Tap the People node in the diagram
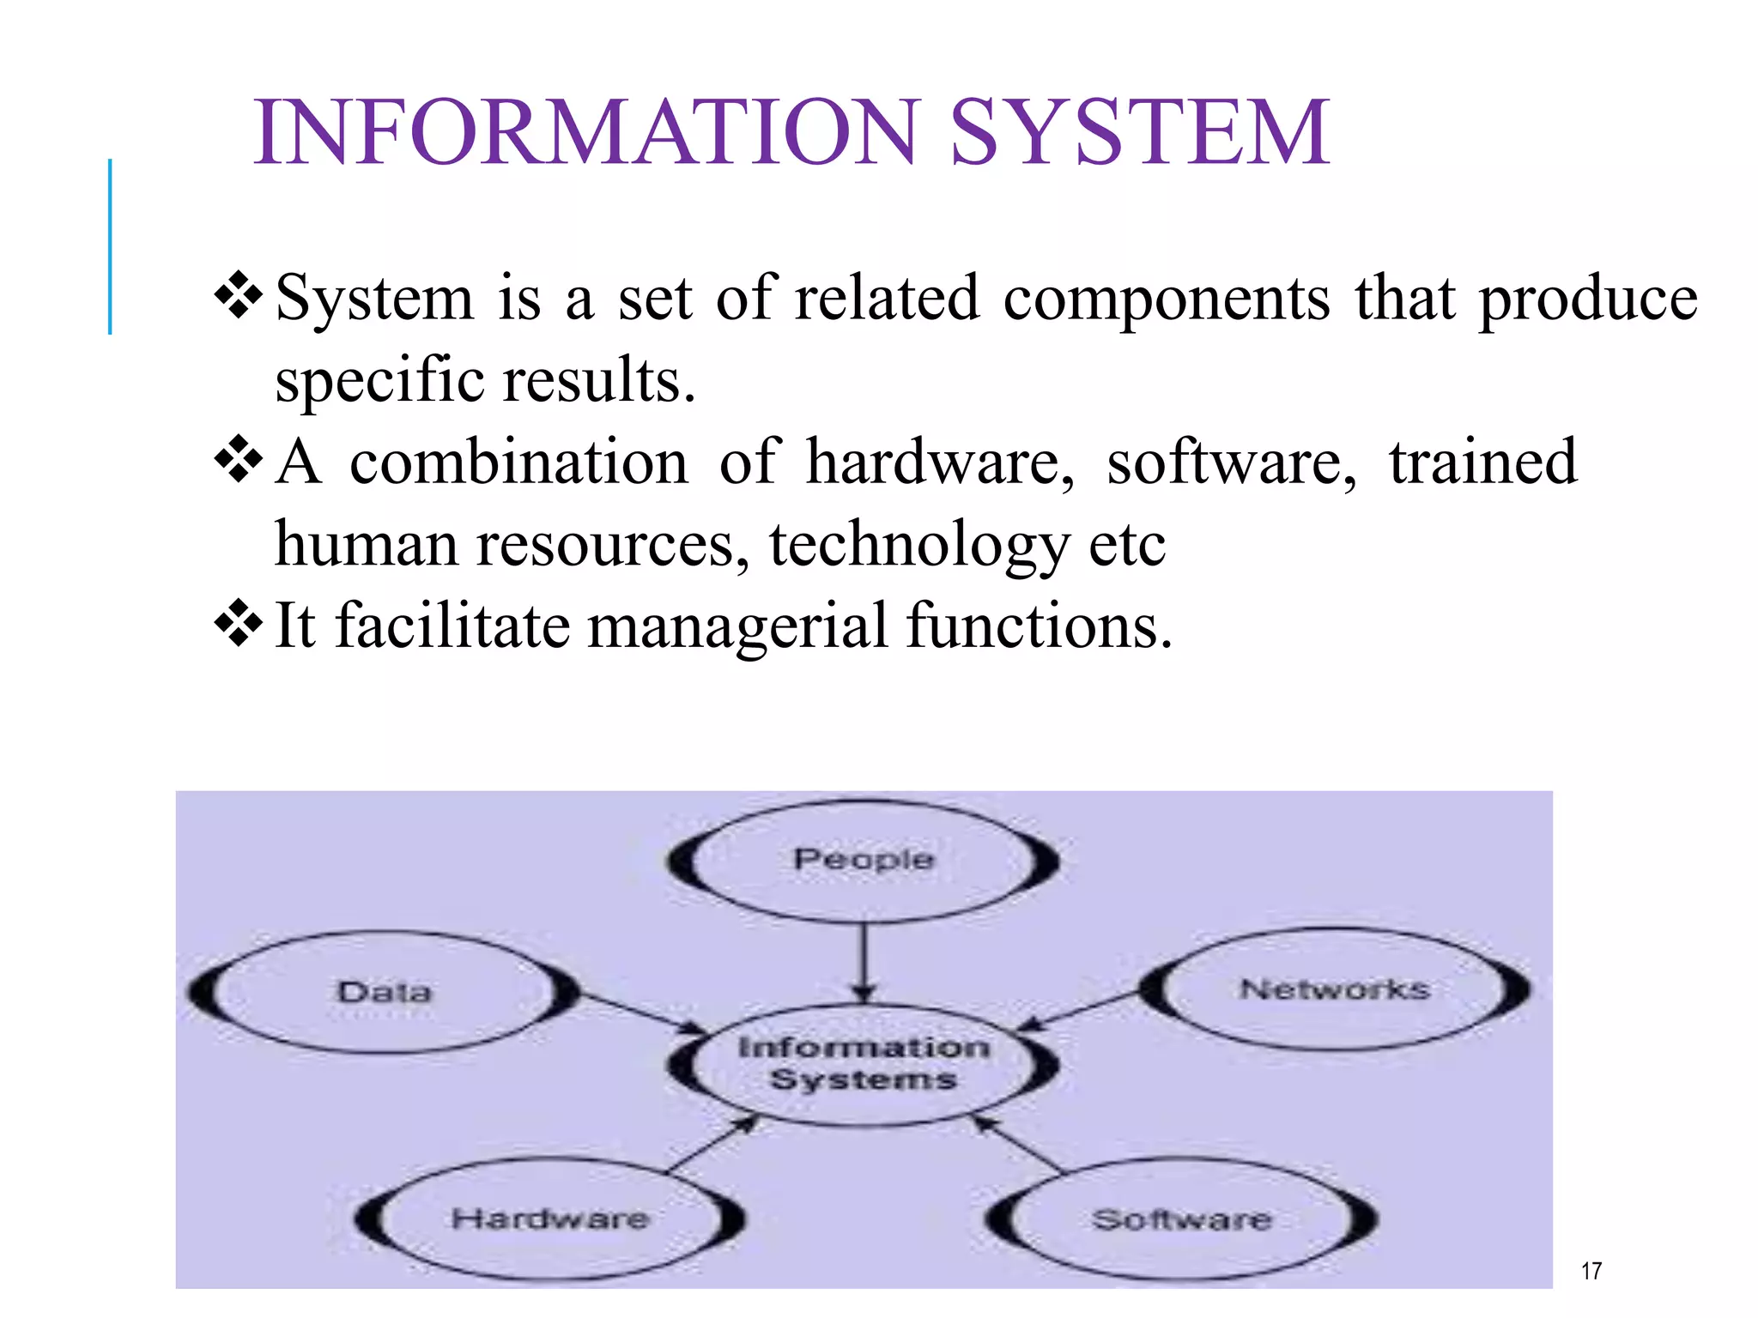[x=864, y=860]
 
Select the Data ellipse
[x=384, y=992]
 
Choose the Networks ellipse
[x=1335, y=989]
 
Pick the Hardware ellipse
[x=549, y=1218]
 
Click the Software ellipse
[x=1181, y=1219]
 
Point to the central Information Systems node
[x=864, y=1063]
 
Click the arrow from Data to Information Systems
[x=640, y=1013]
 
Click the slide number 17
[x=1591, y=1271]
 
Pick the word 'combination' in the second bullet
[x=518, y=463]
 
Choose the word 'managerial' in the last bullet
[x=737, y=626]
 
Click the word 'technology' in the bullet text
[x=918, y=545]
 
